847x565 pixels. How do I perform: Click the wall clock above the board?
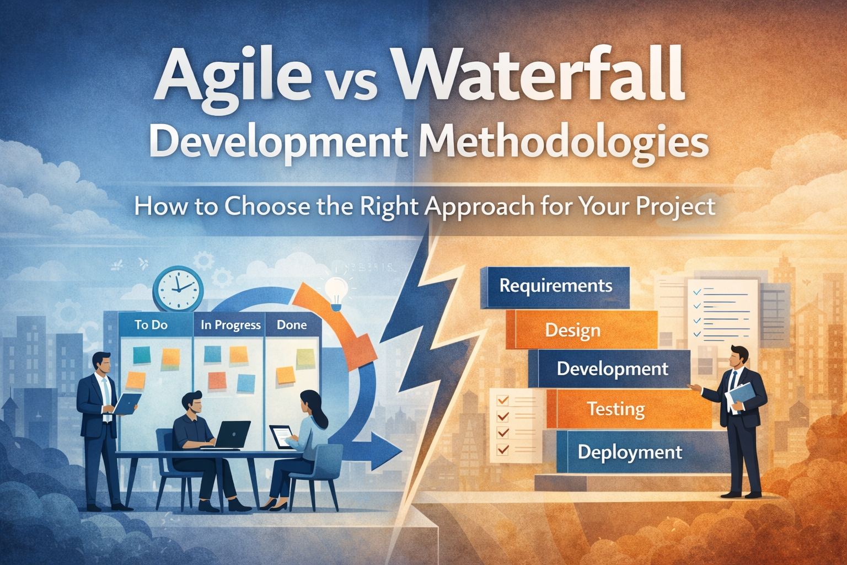click(x=178, y=289)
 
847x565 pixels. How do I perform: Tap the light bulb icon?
click(x=336, y=290)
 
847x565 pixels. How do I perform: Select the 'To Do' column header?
click(x=151, y=325)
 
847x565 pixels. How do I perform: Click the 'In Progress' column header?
click(x=230, y=325)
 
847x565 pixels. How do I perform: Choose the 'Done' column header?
click(x=292, y=325)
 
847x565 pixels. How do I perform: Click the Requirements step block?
click(x=555, y=286)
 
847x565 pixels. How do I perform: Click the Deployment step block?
click(x=630, y=452)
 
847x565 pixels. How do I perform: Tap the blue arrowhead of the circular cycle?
click(x=386, y=450)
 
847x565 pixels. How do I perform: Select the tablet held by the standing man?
click(x=126, y=403)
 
